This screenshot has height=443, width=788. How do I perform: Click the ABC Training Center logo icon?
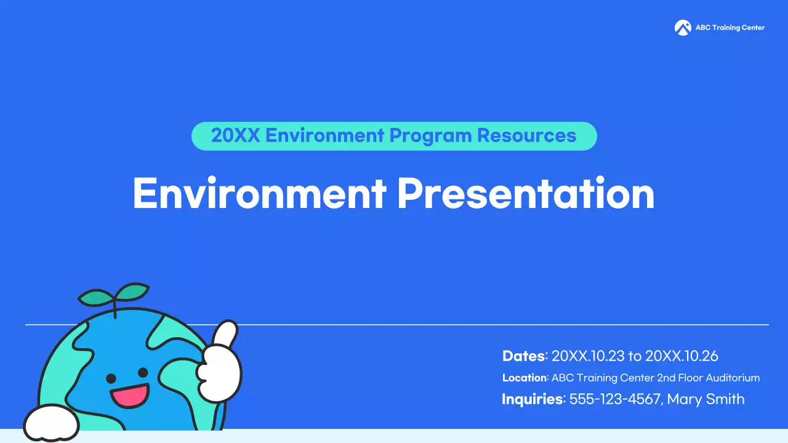click(683, 28)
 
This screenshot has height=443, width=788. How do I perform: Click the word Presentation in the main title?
click(526, 193)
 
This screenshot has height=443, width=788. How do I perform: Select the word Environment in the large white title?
click(259, 193)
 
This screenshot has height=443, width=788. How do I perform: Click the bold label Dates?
click(524, 356)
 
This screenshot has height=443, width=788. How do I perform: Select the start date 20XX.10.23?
click(588, 356)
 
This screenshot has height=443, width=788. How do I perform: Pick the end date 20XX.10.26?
click(681, 356)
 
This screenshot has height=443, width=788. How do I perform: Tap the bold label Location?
click(525, 378)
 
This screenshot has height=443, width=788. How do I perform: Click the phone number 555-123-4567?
click(616, 399)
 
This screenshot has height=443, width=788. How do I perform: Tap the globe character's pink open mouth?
click(130, 395)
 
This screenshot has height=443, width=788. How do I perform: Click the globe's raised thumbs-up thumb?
click(225, 333)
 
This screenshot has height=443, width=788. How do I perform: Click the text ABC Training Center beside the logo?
click(730, 28)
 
